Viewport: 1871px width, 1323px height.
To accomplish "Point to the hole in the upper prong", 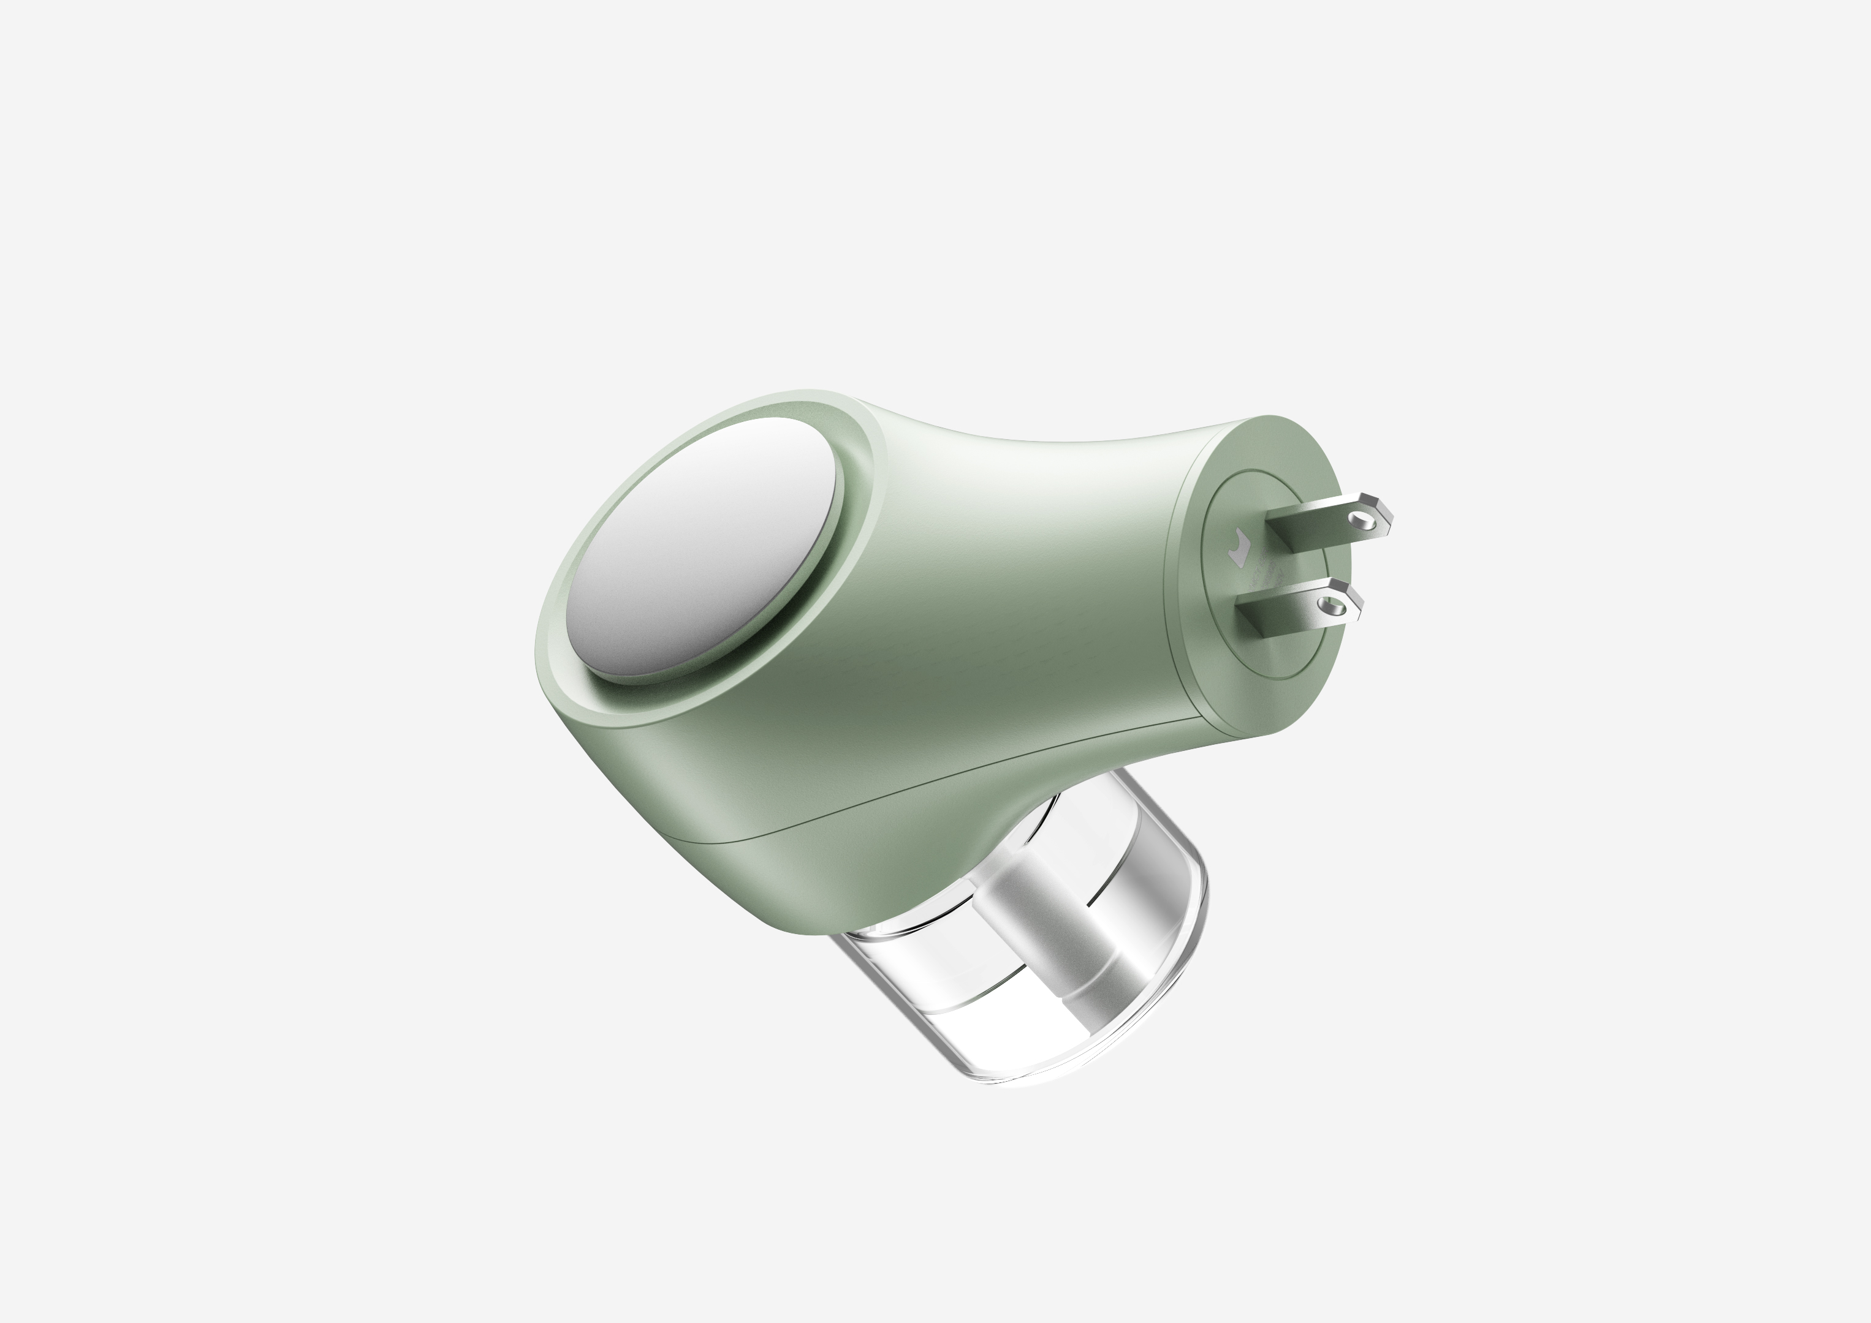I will (x=1359, y=518).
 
